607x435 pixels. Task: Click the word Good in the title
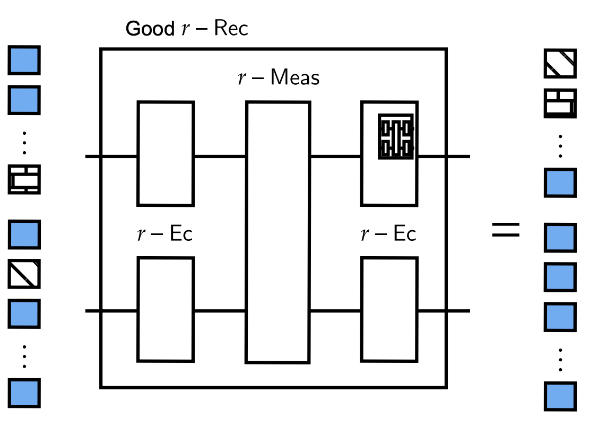(x=149, y=29)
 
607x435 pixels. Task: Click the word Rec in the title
(x=231, y=29)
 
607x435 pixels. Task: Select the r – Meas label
(x=279, y=78)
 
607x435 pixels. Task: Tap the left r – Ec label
(x=165, y=234)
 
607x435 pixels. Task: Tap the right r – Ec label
(x=388, y=234)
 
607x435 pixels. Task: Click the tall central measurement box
(x=278, y=232)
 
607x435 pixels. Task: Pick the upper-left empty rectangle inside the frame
(x=166, y=153)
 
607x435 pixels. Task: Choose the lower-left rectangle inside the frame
(x=166, y=309)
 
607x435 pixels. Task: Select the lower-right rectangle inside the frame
(x=389, y=309)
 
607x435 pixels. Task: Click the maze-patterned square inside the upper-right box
(x=396, y=136)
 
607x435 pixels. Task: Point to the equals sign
(x=506, y=230)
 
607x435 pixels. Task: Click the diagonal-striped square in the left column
(x=24, y=274)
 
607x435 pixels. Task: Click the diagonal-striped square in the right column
(x=560, y=64)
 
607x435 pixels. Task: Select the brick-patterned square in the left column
(x=24, y=179)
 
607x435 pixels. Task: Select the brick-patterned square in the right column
(x=560, y=103)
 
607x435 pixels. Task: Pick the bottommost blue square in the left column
(x=24, y=393)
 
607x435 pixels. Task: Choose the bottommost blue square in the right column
(x=560, y=396)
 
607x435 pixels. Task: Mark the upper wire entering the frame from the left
(x=93, y=156)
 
